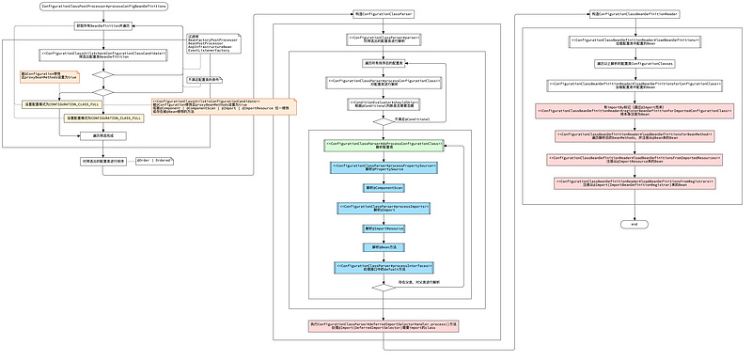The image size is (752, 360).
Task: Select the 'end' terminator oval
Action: [x=634, y=225]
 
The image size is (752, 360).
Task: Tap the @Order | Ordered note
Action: [x=154, y=160]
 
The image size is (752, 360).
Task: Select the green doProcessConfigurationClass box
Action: [x=384, y=146]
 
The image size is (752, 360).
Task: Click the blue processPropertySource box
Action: [x=384, y=167]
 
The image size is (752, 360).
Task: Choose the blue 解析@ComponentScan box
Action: [x=384, y=188]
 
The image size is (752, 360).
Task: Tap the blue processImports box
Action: [x=384, y=208]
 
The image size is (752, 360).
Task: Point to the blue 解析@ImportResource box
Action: [x=384, y=228]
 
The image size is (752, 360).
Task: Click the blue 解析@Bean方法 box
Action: [x=384, y=247]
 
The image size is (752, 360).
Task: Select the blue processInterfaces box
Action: [x=384, y=268]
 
